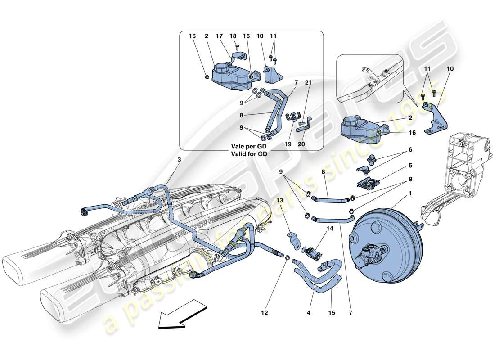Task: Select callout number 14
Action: pos(331,229)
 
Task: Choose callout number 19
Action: pos(288,144)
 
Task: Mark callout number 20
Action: pos(301,144)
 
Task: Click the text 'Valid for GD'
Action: pos(250,153)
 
